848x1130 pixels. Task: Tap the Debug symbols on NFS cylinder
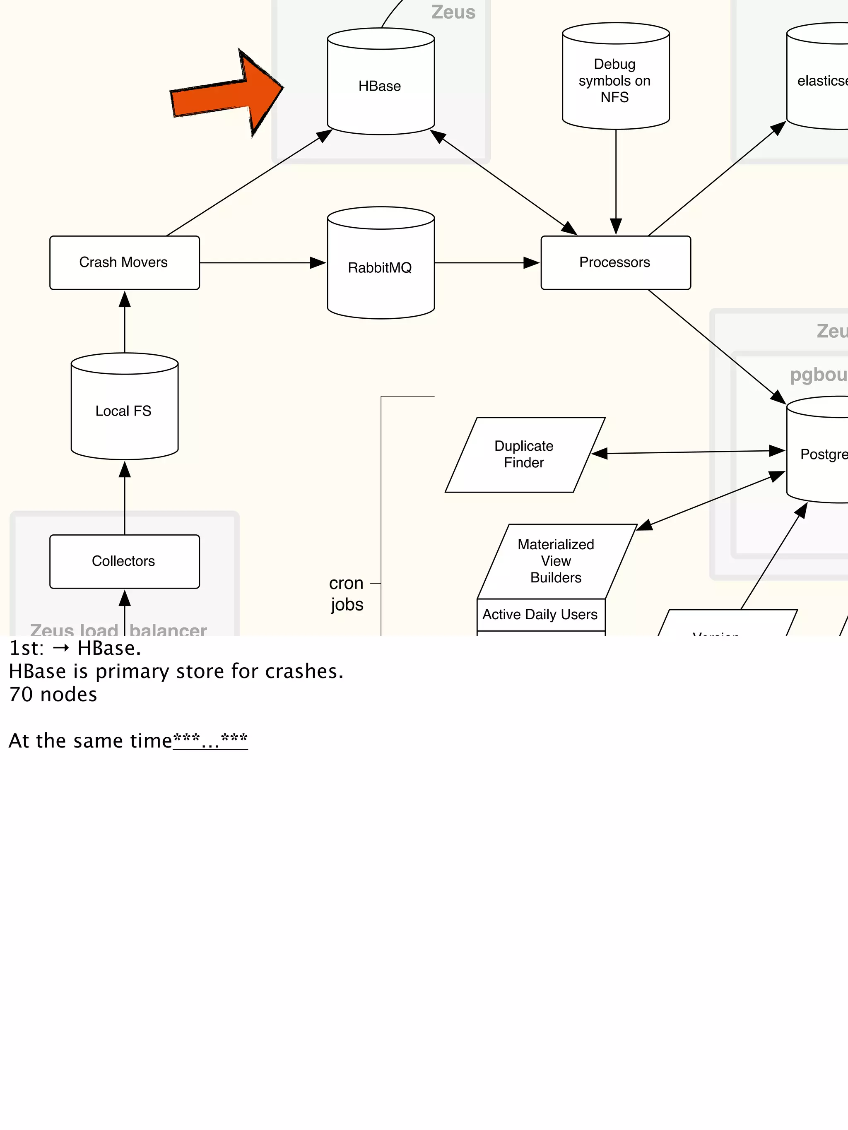click(x=615, y=81)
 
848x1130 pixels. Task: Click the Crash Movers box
click(x=124, y=262)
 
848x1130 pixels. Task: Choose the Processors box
click(x=615, y=262)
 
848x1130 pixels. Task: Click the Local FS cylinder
click(x=124, y=411)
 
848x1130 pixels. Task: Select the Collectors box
click(x=124, y=561)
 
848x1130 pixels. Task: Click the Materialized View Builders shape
click(x=556, y=561)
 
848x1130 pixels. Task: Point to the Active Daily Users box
click(x=540, y=615)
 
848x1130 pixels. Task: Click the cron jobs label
click(x=347, y=594)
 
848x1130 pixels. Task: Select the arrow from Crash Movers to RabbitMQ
click(x=261, y=262)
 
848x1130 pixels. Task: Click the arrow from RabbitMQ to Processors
click(x=486, y=262)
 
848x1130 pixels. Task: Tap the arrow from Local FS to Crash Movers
click(x=125, y=322)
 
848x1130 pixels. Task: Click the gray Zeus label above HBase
click(x=453, y=12)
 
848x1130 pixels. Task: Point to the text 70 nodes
click(x=53, y=695)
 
